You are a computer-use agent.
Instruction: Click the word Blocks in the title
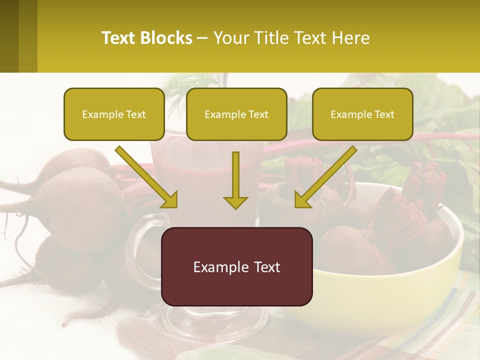[x=166, y=38]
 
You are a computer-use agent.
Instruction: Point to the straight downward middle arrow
[x=235, y=180]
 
